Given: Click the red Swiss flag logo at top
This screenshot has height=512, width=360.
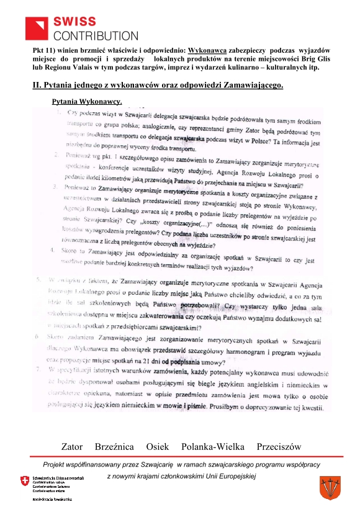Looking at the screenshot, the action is (x=37, y=27).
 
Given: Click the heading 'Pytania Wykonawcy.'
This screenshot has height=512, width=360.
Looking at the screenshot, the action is (x=87, y=101).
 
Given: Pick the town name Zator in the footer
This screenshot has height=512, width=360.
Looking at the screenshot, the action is (x=72, y=447).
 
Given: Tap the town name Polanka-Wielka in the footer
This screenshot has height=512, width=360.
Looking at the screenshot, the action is (x=212, y=447).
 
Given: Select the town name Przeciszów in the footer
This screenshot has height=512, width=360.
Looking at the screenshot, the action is (x=278, y=447).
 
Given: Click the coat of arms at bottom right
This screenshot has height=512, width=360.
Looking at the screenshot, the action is (x=327, y=485).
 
